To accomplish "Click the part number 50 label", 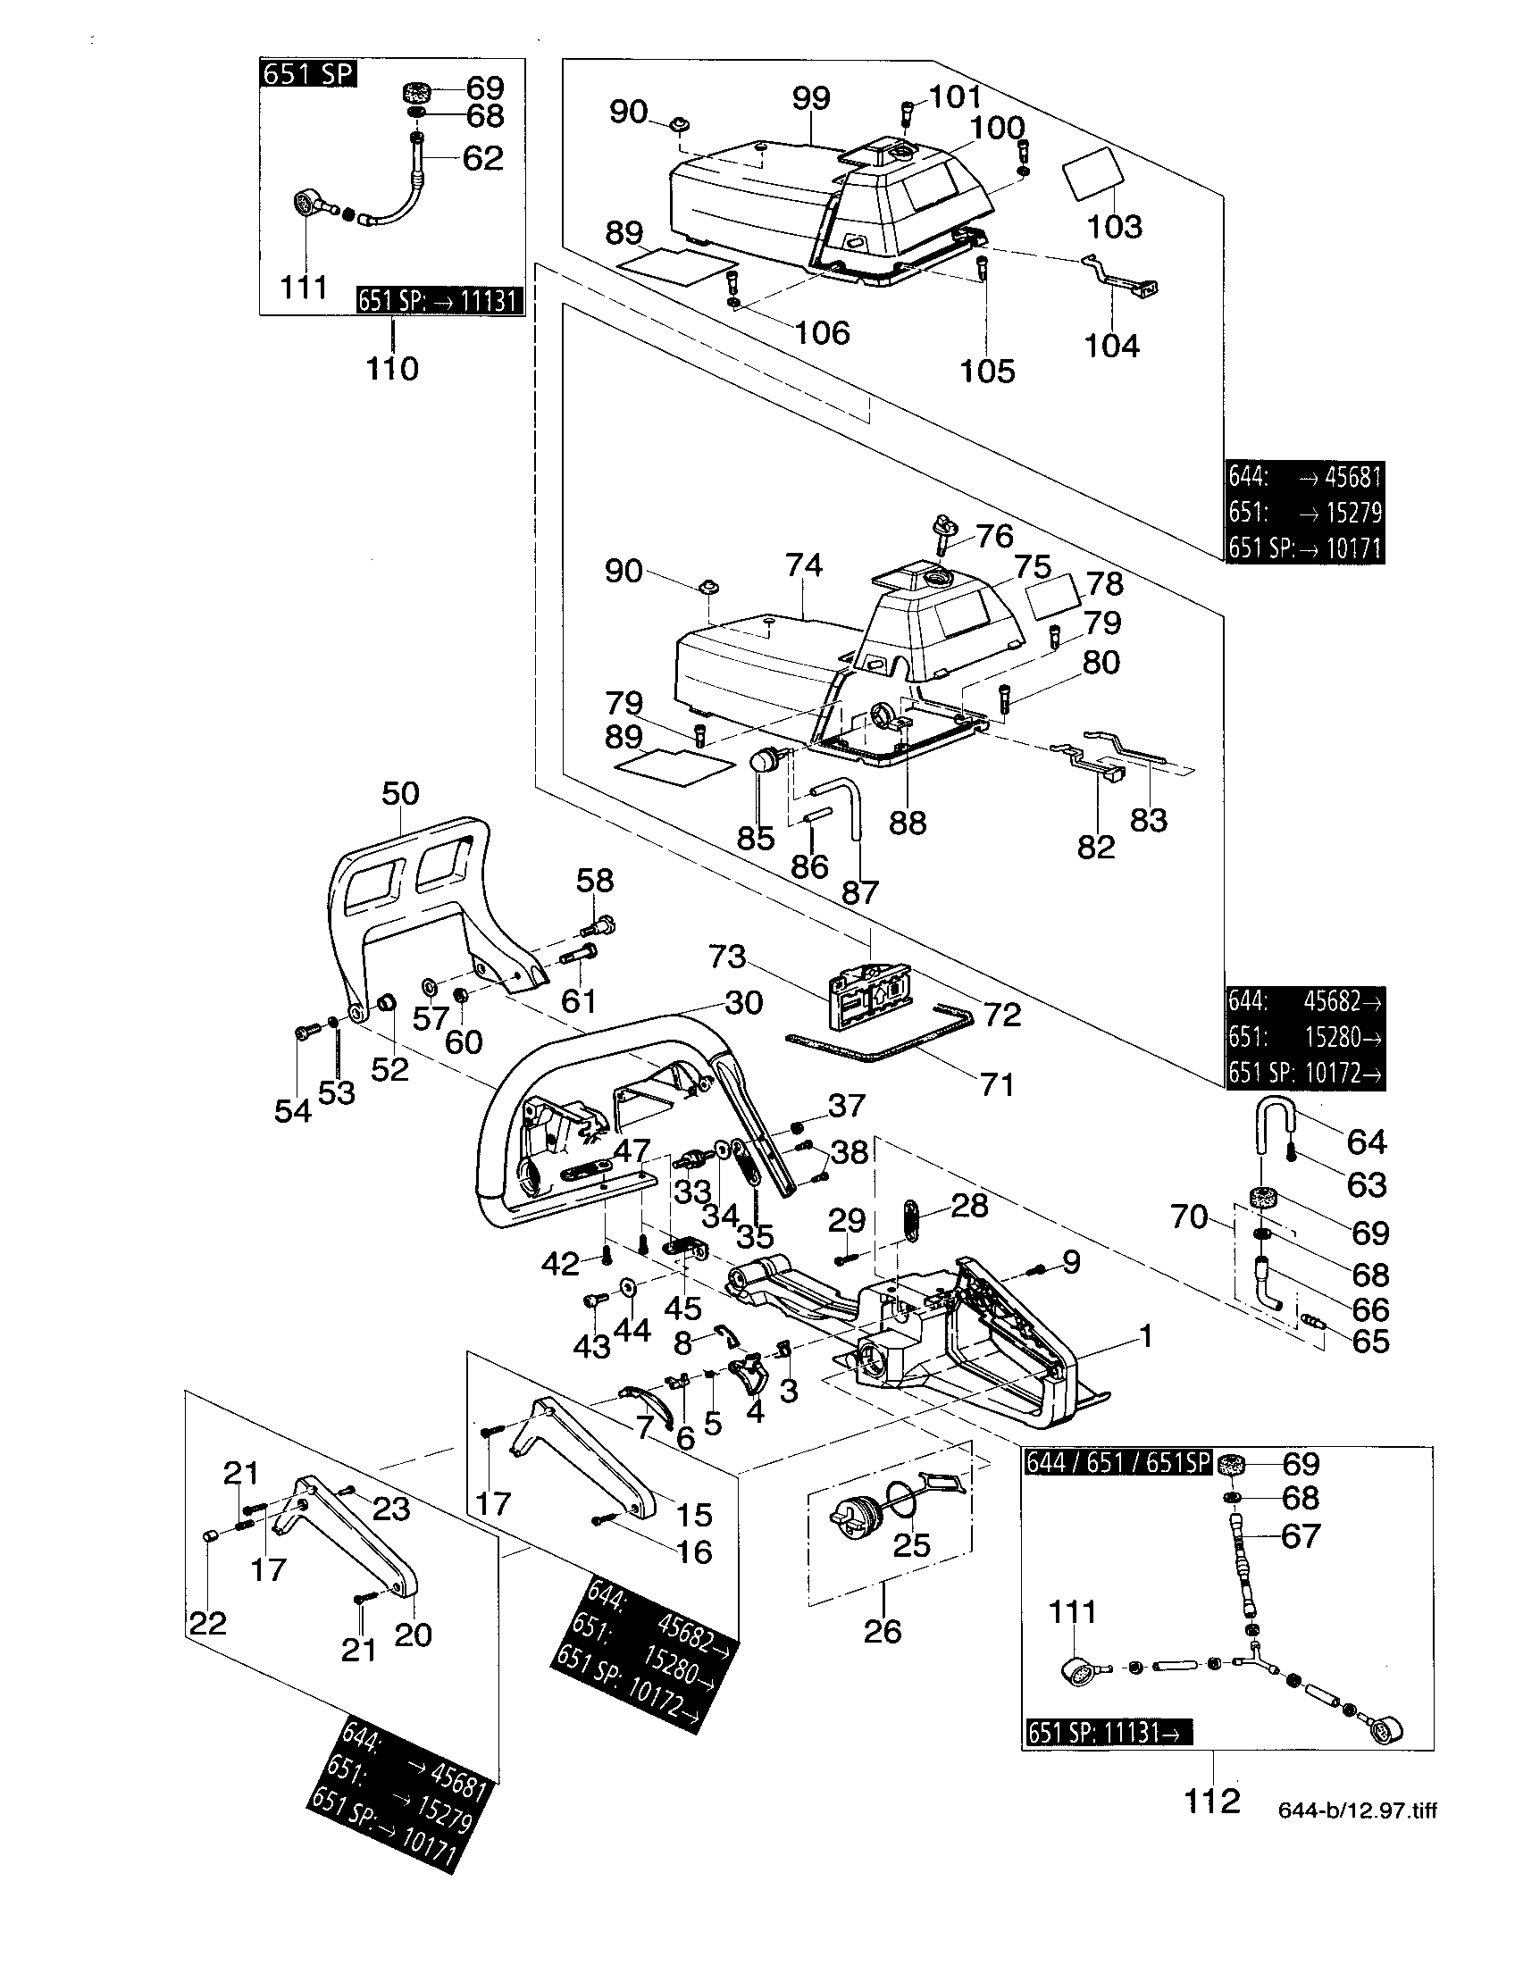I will pyautogui.click(x=400, y=793).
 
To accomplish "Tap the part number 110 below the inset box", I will pyautogui.click(x=392, y=368).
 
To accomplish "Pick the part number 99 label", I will pyautogui.click(x=810, y=99).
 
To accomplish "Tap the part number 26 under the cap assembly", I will pyautogui.click(x=882, y=1631).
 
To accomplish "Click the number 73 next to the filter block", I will pyautogui.click(x=727, y=957).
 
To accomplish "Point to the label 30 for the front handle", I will pyautogui.click(x=743, y=1002).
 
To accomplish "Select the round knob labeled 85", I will pyautogui.click(x=764, y=760).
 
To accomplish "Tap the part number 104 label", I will pyautogui.click(x=1112, y=346).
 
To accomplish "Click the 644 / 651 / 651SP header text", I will pyautogui.click(x=1118, y=1463).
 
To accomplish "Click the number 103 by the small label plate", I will pyautogui.click(x=1115, y=226).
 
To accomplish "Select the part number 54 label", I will pyautogui.click(x=293, y=1110).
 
